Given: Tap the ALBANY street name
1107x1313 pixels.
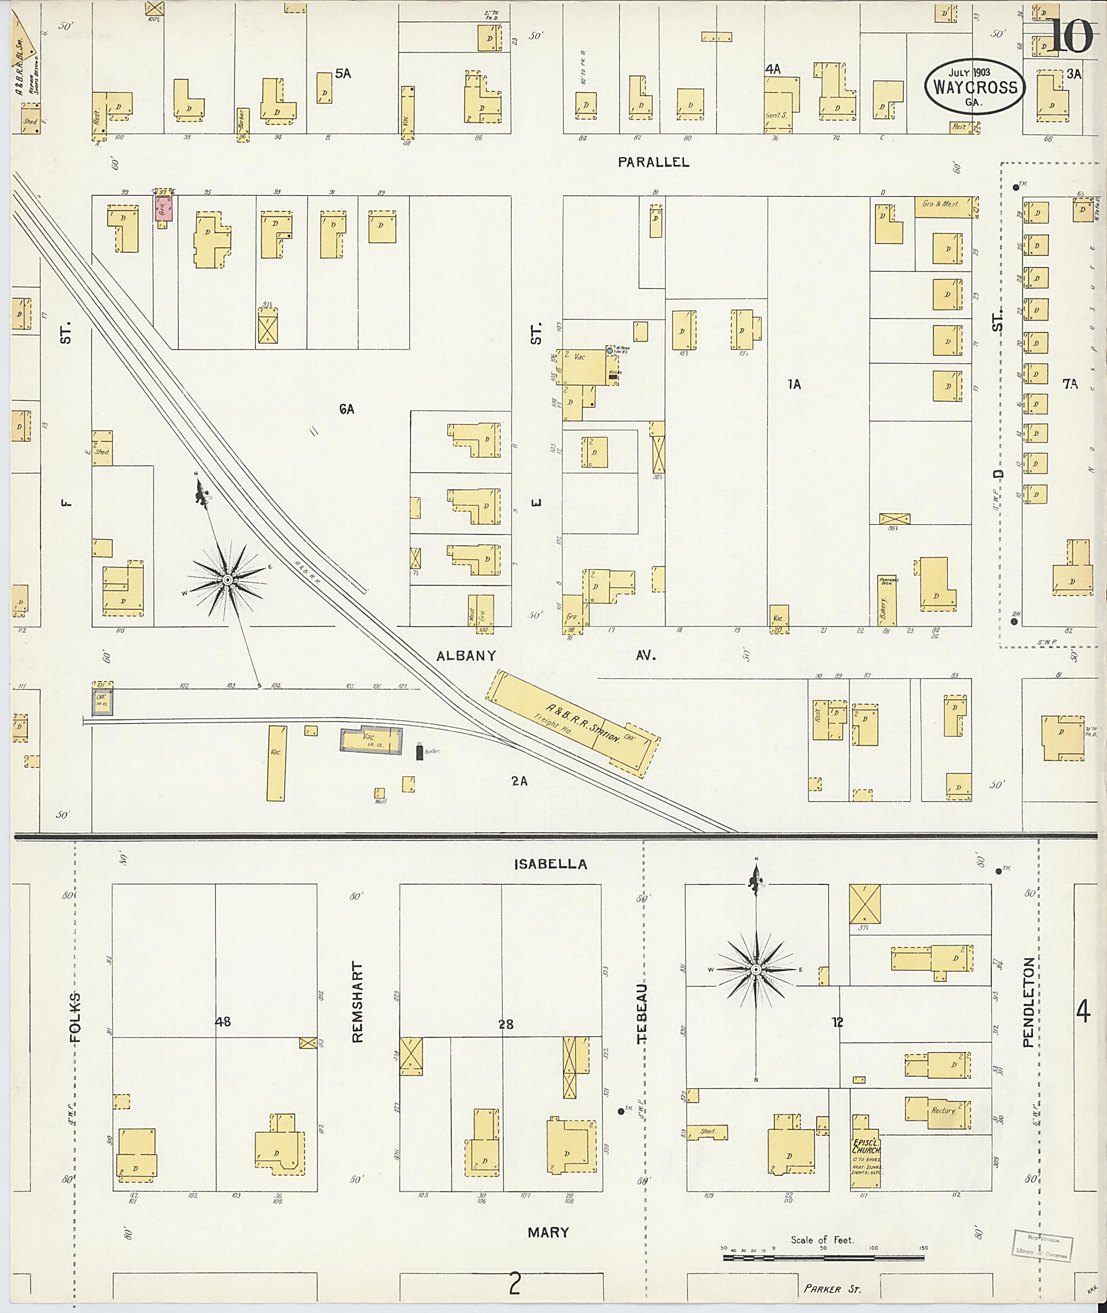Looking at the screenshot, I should click(x=466, y=656).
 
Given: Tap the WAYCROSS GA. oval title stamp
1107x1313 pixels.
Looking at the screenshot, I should click(x=974, y=86).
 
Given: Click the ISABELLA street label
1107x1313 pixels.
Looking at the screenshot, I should click(x=550, y=864).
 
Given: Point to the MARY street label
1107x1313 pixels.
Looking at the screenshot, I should click(x=548, y=1232).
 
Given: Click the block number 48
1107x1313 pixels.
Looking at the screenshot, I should click(x=223, y=1022).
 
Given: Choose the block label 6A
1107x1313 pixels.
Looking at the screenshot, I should click(x=346, y=409).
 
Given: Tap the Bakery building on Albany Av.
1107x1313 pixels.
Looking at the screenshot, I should click(x=886, y=601).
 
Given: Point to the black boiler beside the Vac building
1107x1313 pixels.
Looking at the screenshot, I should click(x=419, y=752).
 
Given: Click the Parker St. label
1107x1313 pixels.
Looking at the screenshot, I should click(x=832, y=1289).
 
